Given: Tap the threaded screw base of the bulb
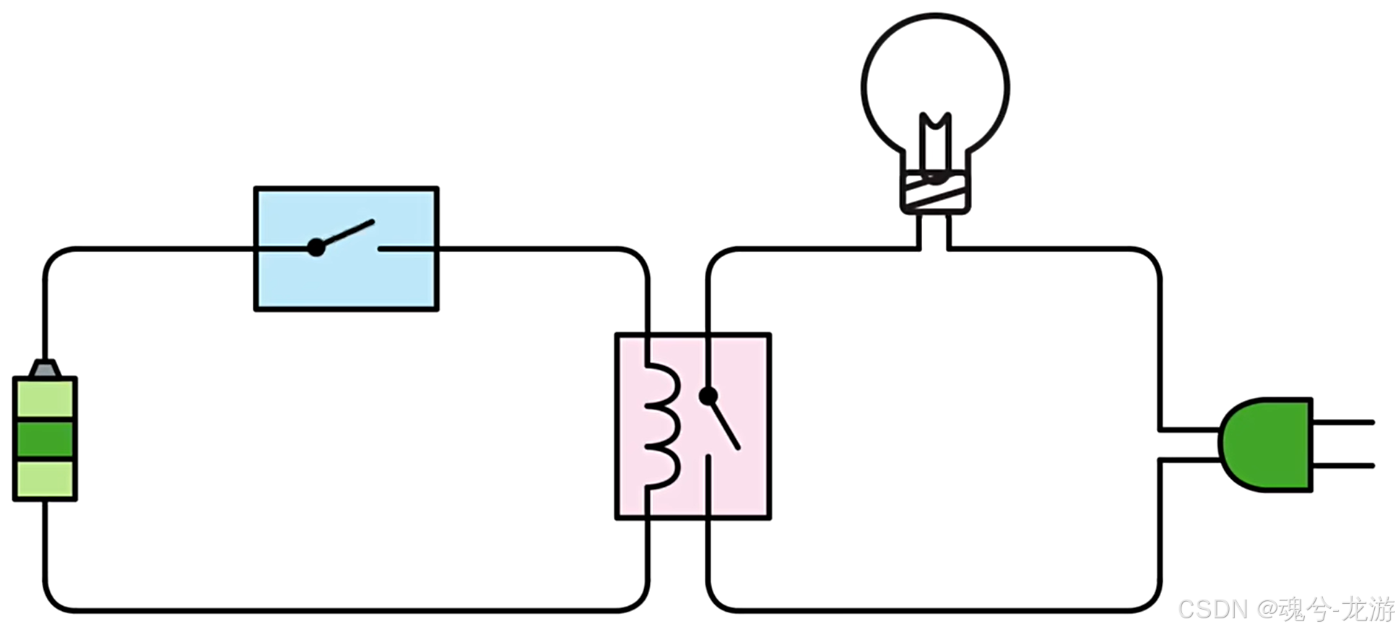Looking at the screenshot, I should [x=935, y=192].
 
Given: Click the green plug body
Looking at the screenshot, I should [x=1268, y=444].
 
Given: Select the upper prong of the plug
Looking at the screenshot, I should [x=1343, y=422].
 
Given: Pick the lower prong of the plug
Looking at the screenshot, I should [x=1343, y=466].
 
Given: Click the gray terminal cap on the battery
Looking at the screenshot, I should [x=45, y=369].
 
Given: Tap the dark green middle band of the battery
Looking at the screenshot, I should [x=45, y=438].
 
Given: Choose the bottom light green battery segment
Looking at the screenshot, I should [x=45, y=480].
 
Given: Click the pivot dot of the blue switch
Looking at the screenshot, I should [x=316, y=248].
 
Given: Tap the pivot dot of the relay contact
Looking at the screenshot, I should [x=708, y=396].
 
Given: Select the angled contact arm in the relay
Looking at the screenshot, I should [x=725, y=425].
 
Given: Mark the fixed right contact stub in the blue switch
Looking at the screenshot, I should [x=404, y=248].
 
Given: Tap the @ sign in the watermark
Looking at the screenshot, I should [x=1268, y=609].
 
